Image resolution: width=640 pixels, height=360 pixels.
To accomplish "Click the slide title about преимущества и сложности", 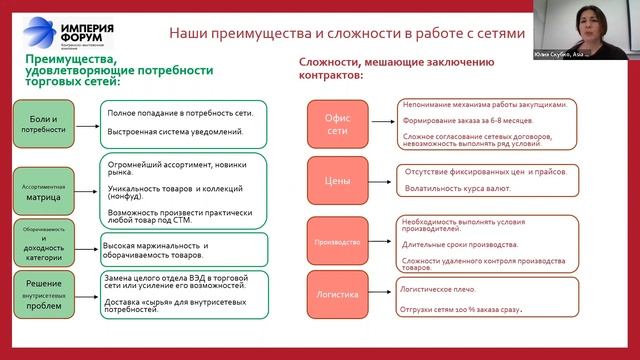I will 346,33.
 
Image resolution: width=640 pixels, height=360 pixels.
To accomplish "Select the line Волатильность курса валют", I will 455,188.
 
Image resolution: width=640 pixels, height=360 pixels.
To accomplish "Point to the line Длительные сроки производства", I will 459,243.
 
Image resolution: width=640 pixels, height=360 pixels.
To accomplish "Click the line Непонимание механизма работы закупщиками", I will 484,104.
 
